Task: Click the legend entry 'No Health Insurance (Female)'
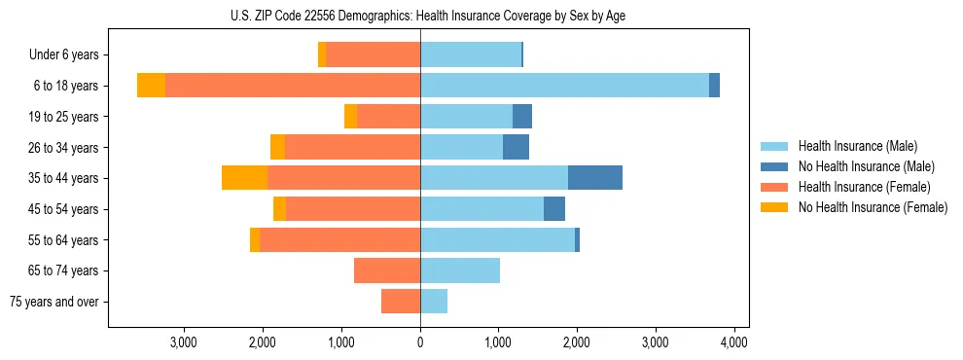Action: coord(873,207)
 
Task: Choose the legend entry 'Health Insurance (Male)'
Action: coord(857,146)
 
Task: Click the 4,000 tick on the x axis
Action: coord(733,342)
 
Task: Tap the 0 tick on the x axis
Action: coord(420,342)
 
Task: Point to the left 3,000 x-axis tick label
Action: coord(184,342)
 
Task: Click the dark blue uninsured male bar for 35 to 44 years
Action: coord(595,178)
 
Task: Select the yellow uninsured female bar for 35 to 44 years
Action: coord(244,178)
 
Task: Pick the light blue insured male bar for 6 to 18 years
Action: coord(564,86)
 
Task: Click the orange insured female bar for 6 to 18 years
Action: coord(292,86)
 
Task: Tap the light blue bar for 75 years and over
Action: coord(434,302)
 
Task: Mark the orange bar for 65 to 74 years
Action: coord(387,270)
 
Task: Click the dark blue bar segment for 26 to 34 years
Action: coord(516,147)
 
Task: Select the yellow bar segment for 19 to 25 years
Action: coord(350,117)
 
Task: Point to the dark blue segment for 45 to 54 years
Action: coord(554,209)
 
